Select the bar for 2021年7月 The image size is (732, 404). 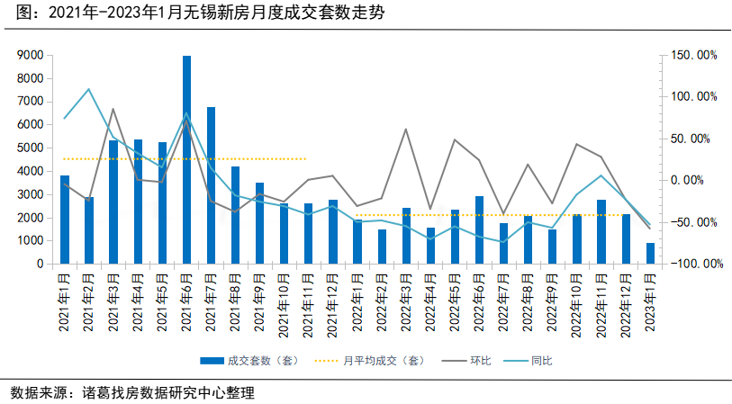(211, 185)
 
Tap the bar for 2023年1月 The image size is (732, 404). (650, 254)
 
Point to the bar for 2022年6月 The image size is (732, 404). (480, 230)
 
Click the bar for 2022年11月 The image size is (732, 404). (601, 232)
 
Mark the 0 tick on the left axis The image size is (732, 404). (41, 265)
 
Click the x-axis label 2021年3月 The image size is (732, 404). (113, 302)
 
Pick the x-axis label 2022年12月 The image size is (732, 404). (626, 302)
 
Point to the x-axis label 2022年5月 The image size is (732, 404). (456, 302)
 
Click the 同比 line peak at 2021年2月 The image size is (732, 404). (89, 89)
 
